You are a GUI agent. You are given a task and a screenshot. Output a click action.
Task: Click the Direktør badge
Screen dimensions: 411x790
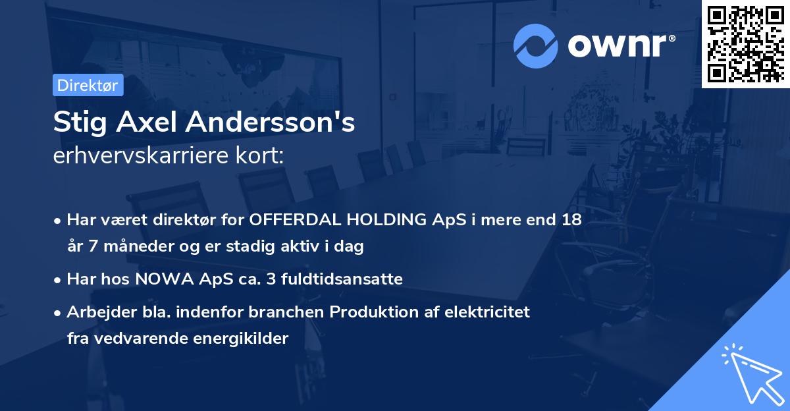(x=88, y=85)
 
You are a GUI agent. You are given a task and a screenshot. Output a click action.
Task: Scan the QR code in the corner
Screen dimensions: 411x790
(x=745, y=43)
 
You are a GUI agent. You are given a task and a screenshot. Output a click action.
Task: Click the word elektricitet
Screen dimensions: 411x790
(x=489, y=311)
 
